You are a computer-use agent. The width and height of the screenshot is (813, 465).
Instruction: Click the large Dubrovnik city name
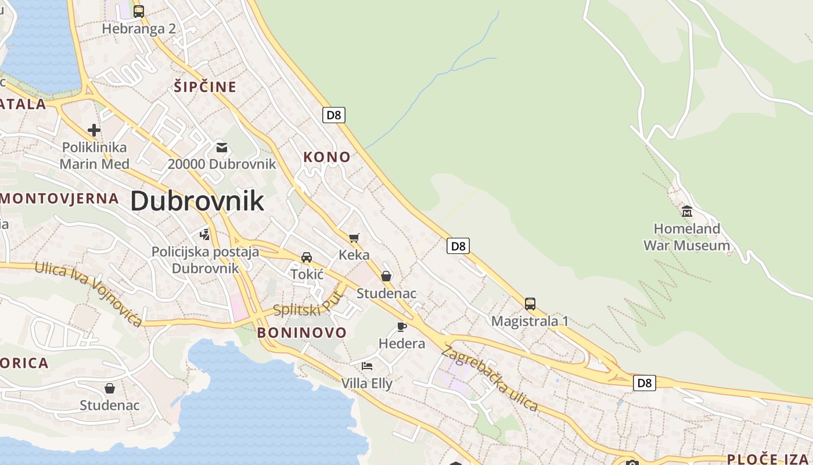point(197,201)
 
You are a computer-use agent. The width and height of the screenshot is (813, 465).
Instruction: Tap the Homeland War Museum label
point(686,237)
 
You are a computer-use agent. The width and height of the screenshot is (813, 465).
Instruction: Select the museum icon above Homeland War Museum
point(686,210)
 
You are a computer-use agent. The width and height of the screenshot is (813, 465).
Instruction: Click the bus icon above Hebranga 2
point(138,11)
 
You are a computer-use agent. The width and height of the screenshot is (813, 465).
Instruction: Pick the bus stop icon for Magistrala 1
point(530,303)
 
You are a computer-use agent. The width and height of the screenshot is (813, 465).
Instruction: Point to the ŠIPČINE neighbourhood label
point(205,87)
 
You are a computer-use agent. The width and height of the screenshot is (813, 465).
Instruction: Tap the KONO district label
point(327,157)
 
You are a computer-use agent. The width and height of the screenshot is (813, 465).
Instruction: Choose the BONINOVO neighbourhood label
point(302,332)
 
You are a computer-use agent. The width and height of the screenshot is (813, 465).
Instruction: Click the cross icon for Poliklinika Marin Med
point(94,130)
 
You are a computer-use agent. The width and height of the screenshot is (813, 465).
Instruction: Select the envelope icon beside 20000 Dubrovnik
point(222,147)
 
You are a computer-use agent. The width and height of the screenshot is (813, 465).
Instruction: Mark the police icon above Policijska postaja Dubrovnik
point(204,234)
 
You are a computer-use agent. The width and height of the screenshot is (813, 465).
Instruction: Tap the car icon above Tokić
point(307,257)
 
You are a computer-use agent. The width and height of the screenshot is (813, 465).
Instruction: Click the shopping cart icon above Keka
point(354,237)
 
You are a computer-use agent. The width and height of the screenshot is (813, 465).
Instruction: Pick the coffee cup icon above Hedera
point(401,326)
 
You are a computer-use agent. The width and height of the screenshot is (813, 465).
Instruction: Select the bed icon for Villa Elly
point(367,366)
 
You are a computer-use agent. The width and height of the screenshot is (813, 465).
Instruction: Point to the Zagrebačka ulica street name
point(489,378)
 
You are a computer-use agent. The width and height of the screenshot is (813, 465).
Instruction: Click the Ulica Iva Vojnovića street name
point(88,294)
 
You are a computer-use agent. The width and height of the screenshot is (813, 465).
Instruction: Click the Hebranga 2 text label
point(139,29)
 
